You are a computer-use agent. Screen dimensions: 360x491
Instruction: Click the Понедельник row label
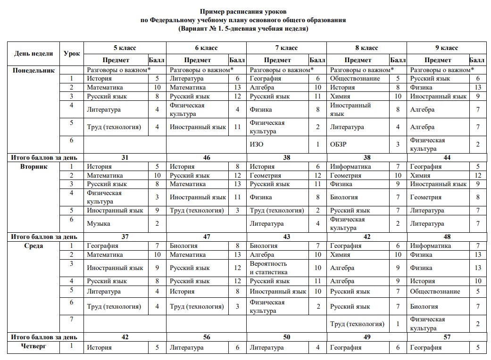33,70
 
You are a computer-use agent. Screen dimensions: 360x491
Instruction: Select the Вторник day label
33,166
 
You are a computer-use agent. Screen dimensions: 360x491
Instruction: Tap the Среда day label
33,245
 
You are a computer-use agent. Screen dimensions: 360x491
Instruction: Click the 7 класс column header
286,48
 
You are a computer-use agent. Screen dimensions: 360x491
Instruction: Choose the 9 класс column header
446,48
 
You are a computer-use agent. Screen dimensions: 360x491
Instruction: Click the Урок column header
72,54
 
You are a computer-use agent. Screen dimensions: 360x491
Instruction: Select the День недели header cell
33,54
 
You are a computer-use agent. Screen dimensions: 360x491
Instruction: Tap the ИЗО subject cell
257,144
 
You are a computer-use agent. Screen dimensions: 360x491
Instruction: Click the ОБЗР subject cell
338,144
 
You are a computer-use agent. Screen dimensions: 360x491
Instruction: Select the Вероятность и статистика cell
268,268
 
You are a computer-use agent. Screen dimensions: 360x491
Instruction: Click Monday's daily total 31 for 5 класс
125,158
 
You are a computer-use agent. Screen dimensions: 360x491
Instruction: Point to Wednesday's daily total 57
446,337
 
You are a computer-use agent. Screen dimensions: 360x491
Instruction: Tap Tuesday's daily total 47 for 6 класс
207,237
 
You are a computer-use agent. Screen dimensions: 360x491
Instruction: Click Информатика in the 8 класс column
350,166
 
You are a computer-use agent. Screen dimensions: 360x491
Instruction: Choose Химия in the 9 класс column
420,175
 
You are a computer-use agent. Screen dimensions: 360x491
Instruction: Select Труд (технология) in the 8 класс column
357,324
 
